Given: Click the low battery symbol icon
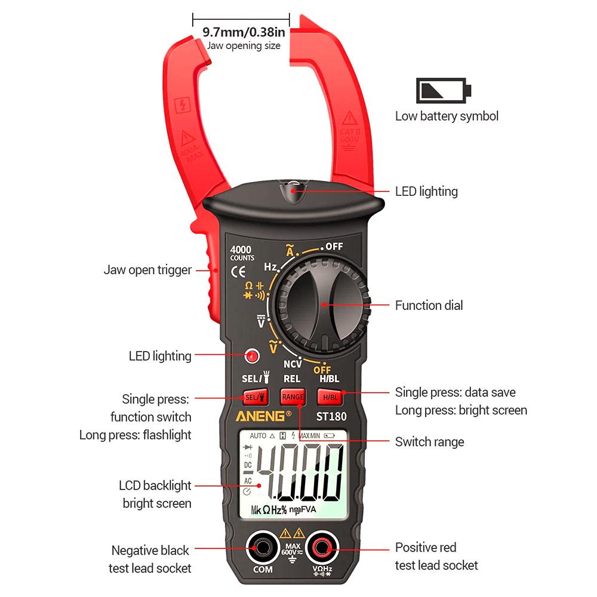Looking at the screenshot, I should pyautogui.click(x=444, y=90).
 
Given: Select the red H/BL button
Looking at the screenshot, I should pyautogui.click(x=330, y=397).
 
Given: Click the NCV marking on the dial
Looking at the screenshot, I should pyautogui.click(x=293, y=363).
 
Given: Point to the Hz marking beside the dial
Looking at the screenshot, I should pyautogui.click(x=270, y=266).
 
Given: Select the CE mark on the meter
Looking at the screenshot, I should pyautogui.click(x=238, y=272).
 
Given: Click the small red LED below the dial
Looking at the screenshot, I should pyautogui.click(x=252, y=356).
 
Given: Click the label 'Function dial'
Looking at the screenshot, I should pyautogui.click(x=429, y=306).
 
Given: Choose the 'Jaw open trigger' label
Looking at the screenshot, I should pyautogui.click(x=147, y=270).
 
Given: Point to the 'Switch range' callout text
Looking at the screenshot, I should pyautogui.click(x=429, y=442).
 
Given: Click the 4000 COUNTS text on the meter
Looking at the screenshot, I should pyautogui.click(x=242, y=253).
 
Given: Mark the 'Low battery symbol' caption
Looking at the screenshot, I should pyautogui.click(x=447, y=116).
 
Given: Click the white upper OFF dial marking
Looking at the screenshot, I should pyautogui.click(x=334, y=246).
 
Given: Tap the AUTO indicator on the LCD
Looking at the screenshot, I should pyautogui.click(x=258, y=436).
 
